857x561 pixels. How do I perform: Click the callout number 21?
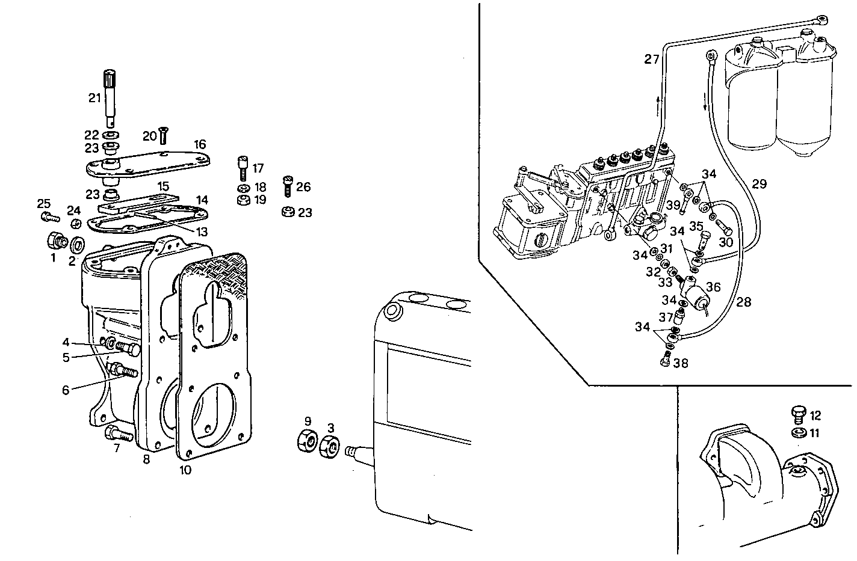coord(94,98)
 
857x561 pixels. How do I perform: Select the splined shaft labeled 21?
coord(110,96)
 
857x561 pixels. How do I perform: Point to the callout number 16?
coord(200,144)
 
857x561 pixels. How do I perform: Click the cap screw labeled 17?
coord(243,167)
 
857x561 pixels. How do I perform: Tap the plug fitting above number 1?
coord(56,241)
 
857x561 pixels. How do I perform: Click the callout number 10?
coord(185,470)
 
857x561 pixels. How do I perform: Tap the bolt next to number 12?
coord(798,414)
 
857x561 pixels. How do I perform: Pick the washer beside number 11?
coord(798,433)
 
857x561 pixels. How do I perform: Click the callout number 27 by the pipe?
coord(651,59)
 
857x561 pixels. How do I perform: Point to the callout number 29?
coord(759,184)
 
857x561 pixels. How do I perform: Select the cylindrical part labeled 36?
coord(696,298)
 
